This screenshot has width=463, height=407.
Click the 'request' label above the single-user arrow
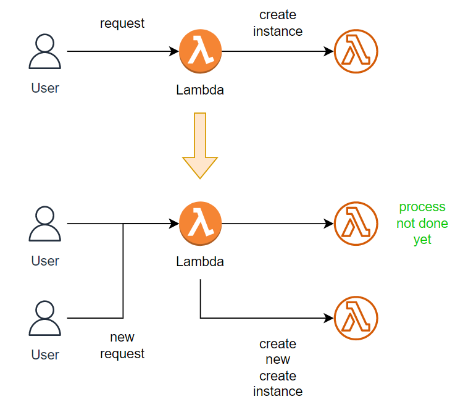tap(122, 23)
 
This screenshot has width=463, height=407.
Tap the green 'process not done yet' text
tap(422, 223)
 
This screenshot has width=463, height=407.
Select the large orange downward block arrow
tap(200, 145)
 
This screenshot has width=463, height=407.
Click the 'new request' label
tap(122, 345)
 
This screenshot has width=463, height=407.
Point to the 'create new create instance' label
tap(278, 367)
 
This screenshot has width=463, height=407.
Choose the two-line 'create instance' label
tap(278, 23)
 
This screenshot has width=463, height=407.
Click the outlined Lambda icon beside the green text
tap(356, 224)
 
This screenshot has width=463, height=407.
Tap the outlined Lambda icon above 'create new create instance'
tap(356, 319)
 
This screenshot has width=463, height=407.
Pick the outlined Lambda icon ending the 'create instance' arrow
tap(356, 52)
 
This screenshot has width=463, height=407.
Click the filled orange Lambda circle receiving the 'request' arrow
tap(200, 52)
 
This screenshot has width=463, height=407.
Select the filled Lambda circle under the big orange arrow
tap(200, 224)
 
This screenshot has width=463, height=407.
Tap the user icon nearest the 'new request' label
tap(45, 319)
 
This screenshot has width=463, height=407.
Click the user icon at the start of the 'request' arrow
tap(45, 52)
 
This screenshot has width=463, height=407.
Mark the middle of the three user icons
tap(45, 224)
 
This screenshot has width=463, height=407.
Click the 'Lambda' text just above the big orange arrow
tap(200, 90)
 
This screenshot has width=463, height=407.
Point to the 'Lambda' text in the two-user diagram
tap(200, 261)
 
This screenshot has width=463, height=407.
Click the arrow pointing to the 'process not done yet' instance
tap(278, 224)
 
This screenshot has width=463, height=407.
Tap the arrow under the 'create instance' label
tap(278, 52)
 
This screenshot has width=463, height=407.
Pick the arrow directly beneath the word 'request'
tap(122, 52)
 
